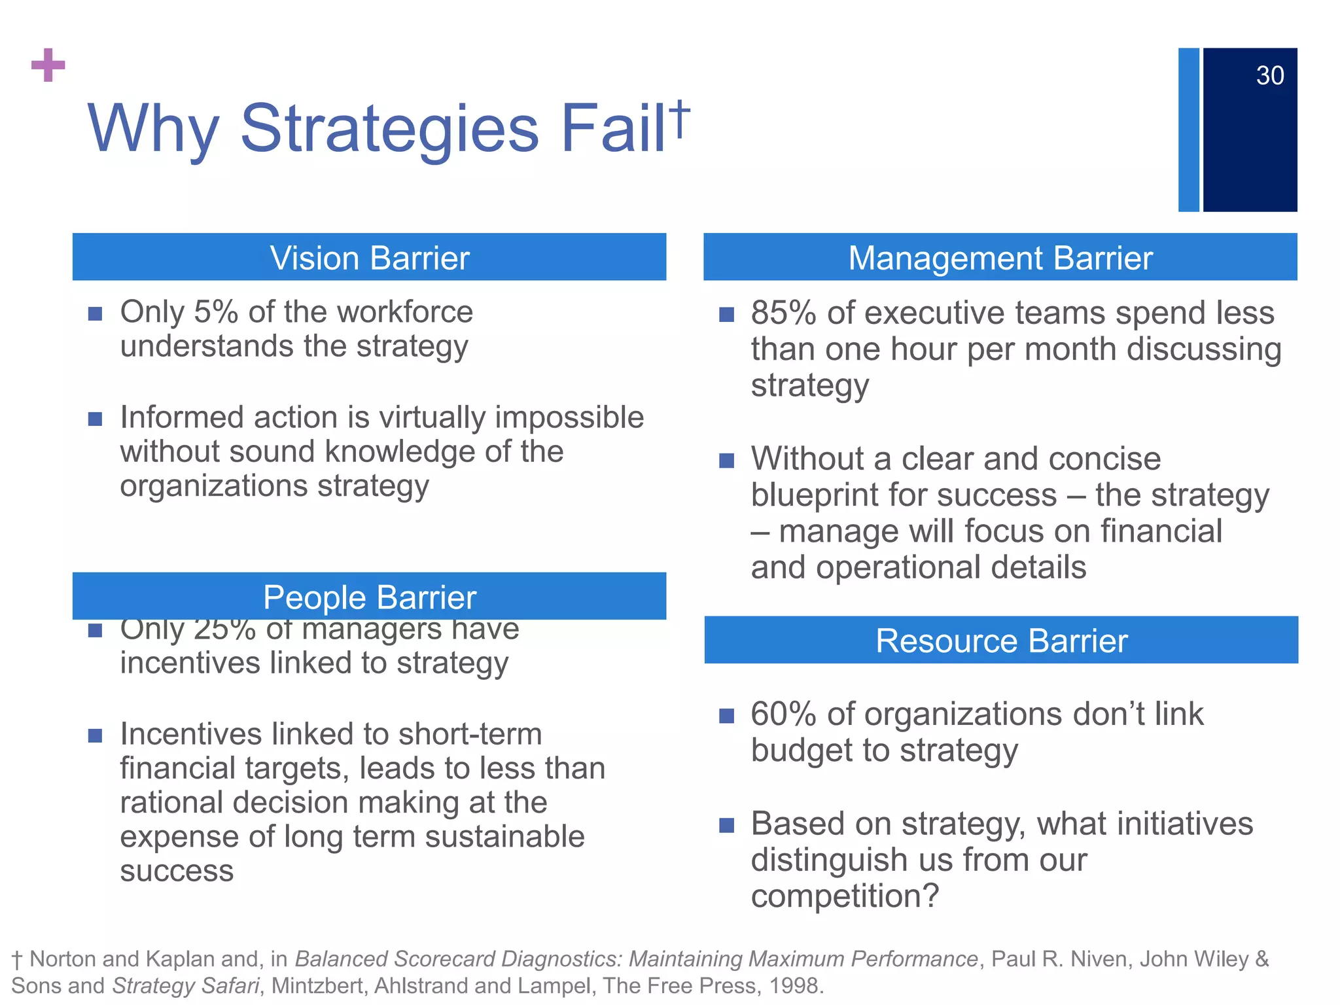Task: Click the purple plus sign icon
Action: click(x=48, y=65)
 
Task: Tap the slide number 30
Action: click(x=1269, y=76)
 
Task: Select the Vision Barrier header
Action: click(x=370, y=258)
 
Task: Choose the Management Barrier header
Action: click(x=1000, y=258)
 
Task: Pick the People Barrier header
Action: click(x=370, y=597)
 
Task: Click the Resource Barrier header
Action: click(x=1001, y=641)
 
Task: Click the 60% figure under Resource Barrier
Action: click(x=783, y=714)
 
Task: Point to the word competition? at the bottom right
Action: click(x=844, y=896)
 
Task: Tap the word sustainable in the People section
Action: click(x=504, y=837)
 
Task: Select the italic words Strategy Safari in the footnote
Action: click(x=185, y=985)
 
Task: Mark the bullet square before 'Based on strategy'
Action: click(x=726, y=825)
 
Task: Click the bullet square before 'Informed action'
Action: click(x=96, y=419)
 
